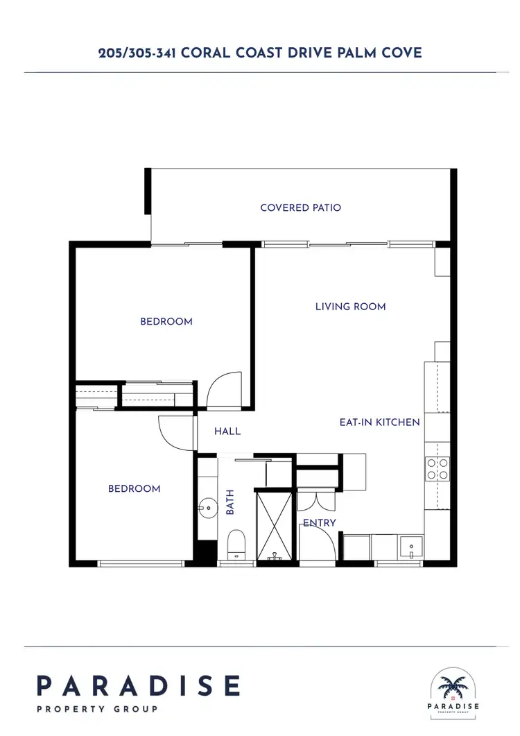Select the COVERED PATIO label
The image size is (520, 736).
coord(300,207)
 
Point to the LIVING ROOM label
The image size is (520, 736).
coord(350,306)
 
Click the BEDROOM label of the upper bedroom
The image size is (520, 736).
coord(166,321)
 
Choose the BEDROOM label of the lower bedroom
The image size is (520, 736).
coord(134,488)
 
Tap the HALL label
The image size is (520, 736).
coord(227,431)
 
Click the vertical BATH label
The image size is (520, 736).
coord(231,502)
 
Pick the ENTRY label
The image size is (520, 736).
coord(319,522)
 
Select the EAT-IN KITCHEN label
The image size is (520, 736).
coord(379,422)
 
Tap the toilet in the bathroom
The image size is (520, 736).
coord(236,544)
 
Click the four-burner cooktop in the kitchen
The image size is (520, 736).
coord(438,469)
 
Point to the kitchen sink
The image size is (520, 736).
coord(410,547)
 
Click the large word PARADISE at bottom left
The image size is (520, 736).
coord(139,685)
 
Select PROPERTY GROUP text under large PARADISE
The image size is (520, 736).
coord(97,709)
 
